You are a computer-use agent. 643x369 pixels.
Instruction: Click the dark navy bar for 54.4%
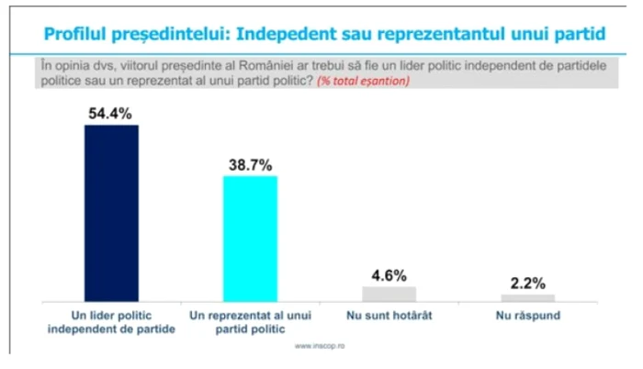(111, 212)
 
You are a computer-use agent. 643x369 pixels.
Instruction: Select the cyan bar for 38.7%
(251, 238)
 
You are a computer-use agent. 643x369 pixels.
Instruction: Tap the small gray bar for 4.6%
(389, 294)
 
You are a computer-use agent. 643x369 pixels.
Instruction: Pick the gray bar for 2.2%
(528, 297)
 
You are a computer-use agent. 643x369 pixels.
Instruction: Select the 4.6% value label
(389, 274)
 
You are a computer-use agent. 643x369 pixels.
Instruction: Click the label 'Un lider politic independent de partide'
(111, 322)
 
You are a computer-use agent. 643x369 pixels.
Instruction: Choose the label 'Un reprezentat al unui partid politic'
(251, 322)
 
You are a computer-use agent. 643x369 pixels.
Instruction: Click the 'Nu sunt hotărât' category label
(389, 316)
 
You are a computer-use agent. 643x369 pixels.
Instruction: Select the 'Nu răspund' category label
(528, 316)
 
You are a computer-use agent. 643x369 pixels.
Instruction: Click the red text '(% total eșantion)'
(366, 82)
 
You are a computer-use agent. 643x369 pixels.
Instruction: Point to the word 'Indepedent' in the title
(284, 34)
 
